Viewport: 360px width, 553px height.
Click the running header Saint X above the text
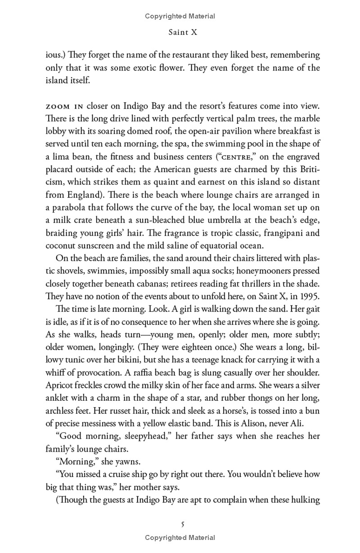click(x=180, y=33)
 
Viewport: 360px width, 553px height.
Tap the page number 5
click(x=182, y=524)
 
